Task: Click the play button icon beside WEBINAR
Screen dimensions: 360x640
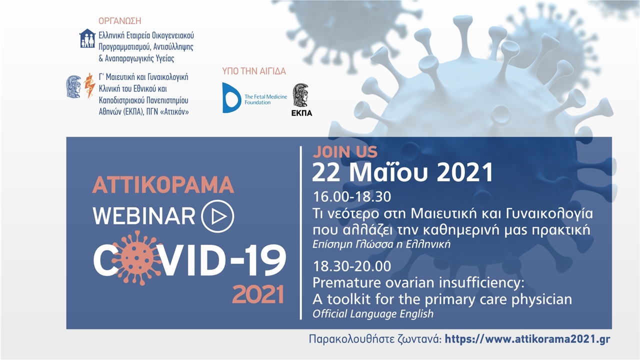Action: (217, 216)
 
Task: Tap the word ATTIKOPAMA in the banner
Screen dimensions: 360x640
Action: (163, 185)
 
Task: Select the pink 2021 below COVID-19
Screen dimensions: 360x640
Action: (258, 294)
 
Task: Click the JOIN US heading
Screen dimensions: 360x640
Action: (345, 151)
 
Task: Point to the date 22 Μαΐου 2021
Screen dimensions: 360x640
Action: (402, 172)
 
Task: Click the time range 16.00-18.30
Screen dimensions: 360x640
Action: (351, 196)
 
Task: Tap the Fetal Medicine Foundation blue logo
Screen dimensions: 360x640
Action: (231, 98)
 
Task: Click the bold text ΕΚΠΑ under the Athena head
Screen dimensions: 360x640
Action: (301, 113)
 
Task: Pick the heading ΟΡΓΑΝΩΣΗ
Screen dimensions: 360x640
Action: (120, 21)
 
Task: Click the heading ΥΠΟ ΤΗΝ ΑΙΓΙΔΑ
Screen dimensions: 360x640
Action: (254, 71)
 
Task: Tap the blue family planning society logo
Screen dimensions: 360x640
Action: (87, 38)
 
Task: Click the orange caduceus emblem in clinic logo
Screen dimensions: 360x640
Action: (90, 85)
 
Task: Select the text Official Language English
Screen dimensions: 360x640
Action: (373, 314)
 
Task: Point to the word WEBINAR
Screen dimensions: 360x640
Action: (144, 216)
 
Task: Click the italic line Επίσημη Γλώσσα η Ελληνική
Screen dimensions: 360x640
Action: (381, 245)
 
